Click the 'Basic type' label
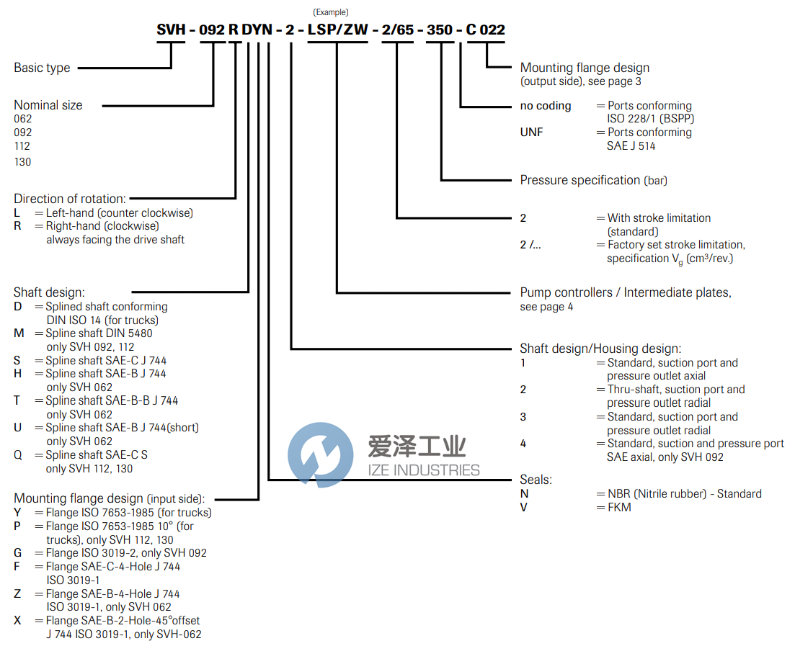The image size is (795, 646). (42, 68)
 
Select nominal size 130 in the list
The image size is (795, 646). (23, 162)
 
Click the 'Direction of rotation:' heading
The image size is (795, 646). (70, 198)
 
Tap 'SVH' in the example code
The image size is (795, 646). (172, 30)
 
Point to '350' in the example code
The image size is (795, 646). (439, 30)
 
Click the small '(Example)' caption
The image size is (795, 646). (331, 12)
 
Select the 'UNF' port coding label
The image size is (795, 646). (532, 133)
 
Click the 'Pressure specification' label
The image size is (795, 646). (580, 180)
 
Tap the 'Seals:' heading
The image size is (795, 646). (536, 479)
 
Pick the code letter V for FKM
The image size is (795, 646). (524, 507)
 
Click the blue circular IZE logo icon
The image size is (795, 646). (321, 455)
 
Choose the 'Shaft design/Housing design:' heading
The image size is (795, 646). (600, 349)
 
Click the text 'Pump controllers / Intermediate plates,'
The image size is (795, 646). (626, 292)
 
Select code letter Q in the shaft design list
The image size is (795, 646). (18, 455)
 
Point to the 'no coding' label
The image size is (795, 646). (546, 106)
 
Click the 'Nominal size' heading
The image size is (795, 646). (48, 105)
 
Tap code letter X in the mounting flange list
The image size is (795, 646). (18, 621)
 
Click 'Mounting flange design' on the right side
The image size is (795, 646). (585, 68)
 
